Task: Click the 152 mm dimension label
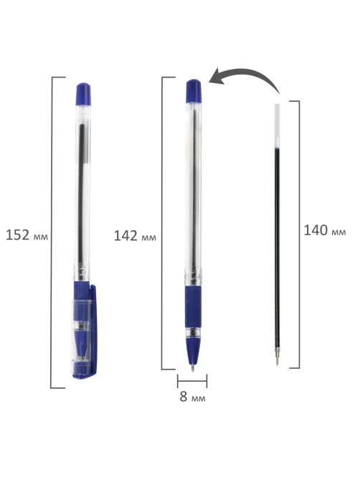[27, 235]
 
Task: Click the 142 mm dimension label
[135, 236]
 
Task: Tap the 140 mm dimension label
[325, 230]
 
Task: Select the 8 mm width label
[192, 397]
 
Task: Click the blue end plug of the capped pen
[83, 94]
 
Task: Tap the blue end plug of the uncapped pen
[194, 91]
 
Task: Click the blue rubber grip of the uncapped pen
[193, 307]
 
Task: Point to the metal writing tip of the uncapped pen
[192, 367]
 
